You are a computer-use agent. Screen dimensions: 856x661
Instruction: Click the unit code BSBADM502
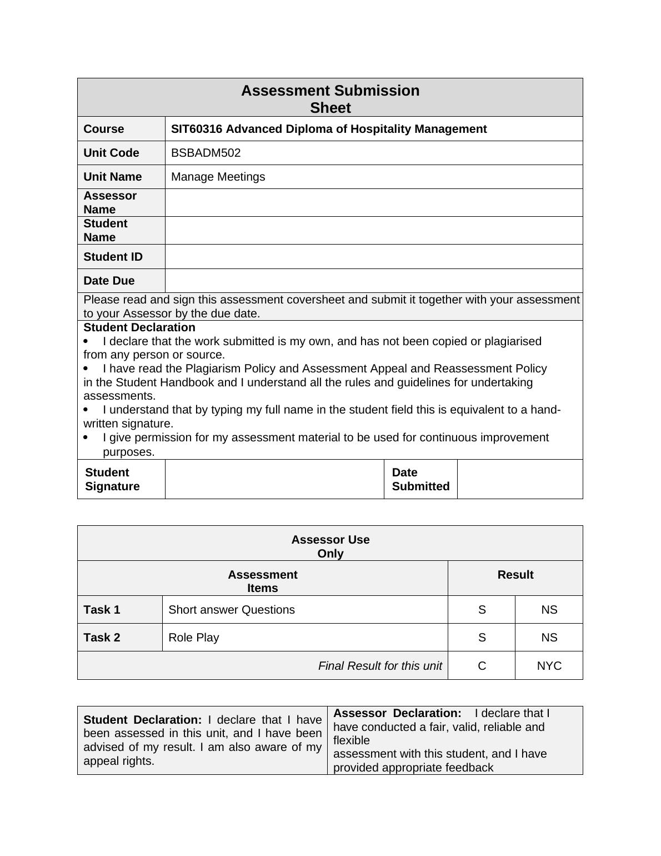click(206, 153)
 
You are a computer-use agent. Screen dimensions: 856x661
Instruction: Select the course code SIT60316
click(197, 129)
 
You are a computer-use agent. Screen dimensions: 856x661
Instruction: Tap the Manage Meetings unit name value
click(218, 177)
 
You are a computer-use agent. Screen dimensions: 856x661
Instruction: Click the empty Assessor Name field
click(373, 202)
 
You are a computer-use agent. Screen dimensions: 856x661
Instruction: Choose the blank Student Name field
click(373, 230)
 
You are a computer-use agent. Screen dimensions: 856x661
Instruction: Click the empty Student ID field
click(373, 257)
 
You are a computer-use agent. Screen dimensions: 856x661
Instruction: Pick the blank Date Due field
click(373, 281)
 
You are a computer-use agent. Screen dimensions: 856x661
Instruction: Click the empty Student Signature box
click(274, 479)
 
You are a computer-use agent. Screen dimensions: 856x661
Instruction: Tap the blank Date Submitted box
click(520, 479)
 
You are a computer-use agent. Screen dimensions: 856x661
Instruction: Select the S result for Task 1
click(482, 610)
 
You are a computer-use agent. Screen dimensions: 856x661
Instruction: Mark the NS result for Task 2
click(549, 638)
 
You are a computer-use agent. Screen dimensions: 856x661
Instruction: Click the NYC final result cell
click(549, 666)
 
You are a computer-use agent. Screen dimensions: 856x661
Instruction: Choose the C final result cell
click(482, 666)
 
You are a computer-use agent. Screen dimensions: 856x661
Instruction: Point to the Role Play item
click(193, 638)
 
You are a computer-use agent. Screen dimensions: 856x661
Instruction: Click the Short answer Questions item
click(231, 610)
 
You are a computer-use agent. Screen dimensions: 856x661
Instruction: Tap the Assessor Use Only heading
click(330, 546)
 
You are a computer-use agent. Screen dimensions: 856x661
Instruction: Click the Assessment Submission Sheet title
click(330, 99)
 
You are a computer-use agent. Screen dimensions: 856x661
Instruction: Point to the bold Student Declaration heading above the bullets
click(139, 327)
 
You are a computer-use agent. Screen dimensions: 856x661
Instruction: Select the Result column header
click(515, 575)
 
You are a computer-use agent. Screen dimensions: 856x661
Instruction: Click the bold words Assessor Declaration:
click(397, 713)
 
